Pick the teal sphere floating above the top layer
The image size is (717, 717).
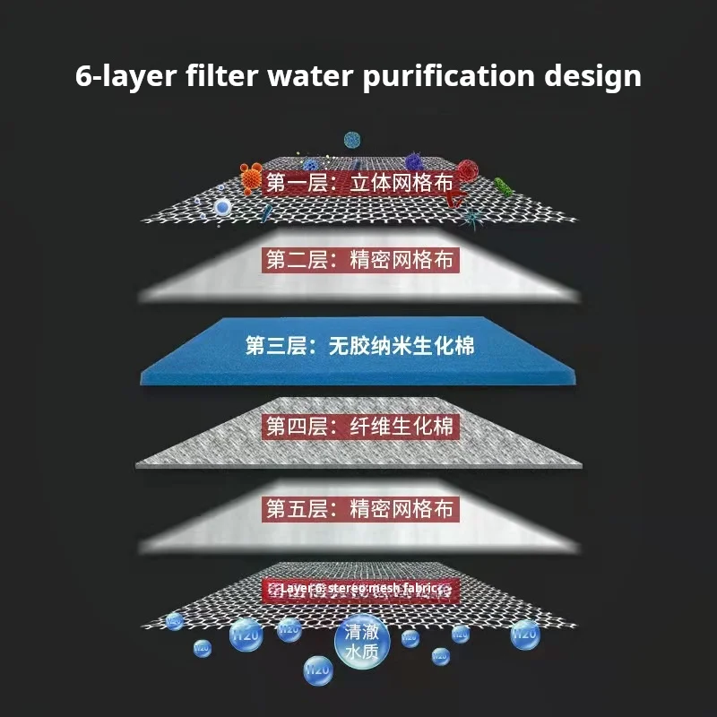pos(352,140)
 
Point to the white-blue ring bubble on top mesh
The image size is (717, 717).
pos(222,208)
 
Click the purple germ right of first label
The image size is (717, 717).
pos(413,162)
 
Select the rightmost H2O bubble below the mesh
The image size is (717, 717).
pos(525,635)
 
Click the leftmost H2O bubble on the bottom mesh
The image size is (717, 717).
pos(174,620)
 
